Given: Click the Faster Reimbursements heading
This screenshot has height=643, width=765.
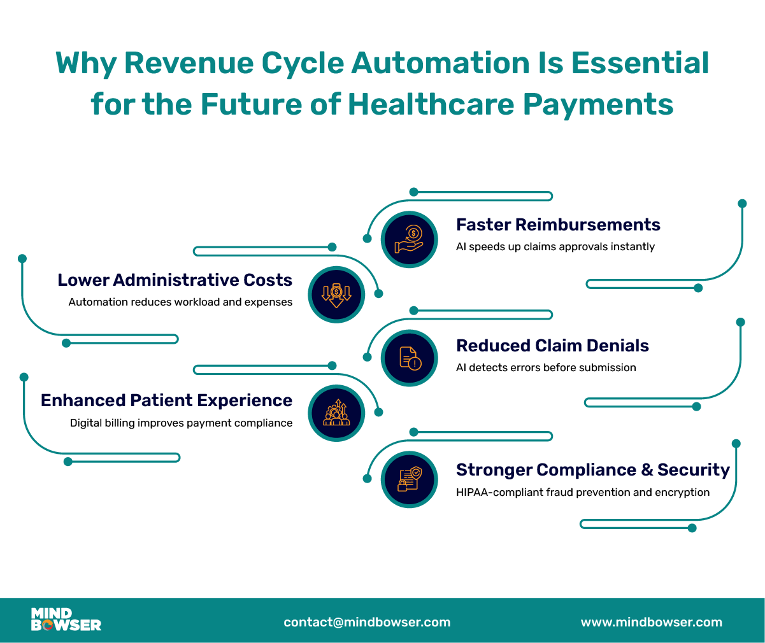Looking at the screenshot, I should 558,225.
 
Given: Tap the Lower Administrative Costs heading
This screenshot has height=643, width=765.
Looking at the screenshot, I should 175,280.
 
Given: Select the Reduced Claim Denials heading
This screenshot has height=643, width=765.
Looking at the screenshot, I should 552,346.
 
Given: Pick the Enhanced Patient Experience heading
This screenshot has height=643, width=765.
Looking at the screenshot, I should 166,400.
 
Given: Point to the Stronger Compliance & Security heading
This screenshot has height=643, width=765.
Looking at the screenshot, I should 592,470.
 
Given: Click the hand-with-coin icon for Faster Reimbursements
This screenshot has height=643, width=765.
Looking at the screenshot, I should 409,239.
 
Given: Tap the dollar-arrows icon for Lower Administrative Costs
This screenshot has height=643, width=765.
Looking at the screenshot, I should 336,295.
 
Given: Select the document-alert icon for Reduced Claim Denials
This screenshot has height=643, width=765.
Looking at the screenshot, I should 409,358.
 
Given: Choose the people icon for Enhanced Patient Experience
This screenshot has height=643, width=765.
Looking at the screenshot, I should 336,413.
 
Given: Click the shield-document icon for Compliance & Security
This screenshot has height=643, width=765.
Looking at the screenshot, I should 409,479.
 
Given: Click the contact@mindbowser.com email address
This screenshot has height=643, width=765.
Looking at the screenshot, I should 367,622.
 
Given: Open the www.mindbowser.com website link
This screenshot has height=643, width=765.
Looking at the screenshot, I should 651,622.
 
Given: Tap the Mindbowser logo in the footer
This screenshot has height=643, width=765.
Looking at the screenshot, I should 66,619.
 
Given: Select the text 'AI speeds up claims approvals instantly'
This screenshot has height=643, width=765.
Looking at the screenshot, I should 555,246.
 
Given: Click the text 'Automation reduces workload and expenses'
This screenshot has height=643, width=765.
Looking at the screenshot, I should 180,302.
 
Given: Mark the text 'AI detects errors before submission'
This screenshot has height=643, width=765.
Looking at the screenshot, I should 546,367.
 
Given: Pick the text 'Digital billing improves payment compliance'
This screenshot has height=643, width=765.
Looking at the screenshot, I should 181,423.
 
